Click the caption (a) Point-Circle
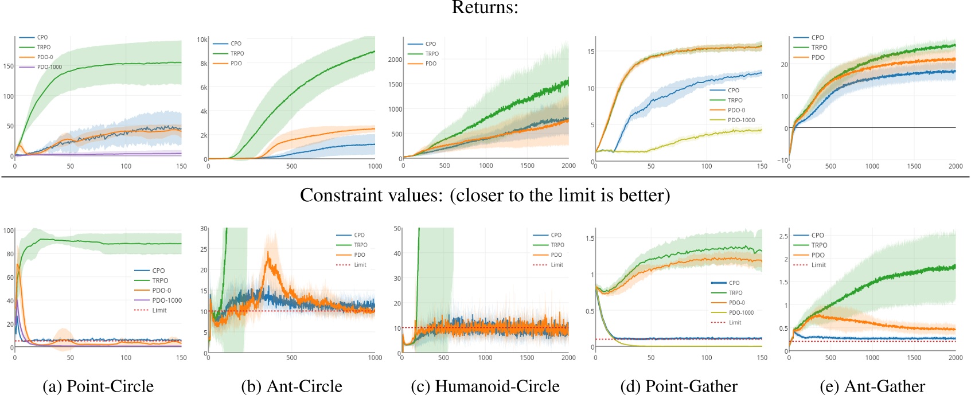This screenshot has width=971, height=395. click(98, 386)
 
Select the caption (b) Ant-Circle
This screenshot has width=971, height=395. click(291, 386)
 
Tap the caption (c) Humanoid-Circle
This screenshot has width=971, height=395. click(485, 386)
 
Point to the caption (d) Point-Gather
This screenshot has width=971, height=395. click(679, 386)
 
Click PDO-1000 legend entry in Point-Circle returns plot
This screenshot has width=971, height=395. click(49, 67)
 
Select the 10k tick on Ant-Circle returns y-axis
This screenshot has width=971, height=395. click(202, 40)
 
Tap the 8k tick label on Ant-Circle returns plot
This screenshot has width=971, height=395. click(204, 64)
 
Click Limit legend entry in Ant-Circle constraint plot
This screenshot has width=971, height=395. click(360, 265)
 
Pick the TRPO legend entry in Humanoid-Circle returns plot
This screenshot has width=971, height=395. click(432, 54)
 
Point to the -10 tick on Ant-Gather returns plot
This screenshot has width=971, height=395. click(782, 160)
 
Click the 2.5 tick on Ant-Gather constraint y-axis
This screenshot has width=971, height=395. click(783, 236)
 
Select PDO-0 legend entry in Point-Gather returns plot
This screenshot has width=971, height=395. click(736, 110)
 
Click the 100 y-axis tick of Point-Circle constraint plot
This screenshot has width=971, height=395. click(8, 230)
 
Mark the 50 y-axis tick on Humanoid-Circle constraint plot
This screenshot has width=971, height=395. click(397, 228)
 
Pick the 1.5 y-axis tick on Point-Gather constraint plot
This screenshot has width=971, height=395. click(590, 238)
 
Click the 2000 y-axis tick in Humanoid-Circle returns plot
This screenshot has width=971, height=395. click(395, 60)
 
